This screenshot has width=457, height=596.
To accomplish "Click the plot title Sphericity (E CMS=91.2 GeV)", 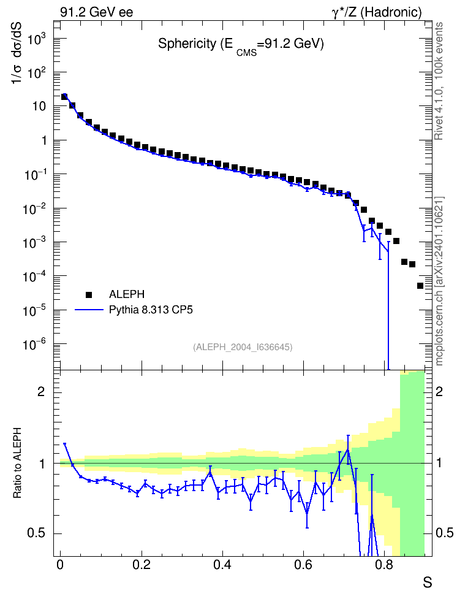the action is pyautogui.click(x=241, y=45).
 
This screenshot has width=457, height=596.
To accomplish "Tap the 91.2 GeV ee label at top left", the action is pyautogui.click(x=97, y=12).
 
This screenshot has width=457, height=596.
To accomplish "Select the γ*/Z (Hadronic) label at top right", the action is pyautogui.click(x=377, y=12).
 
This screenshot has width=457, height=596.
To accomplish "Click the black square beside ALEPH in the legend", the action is pyautogui.click(x=89, y=294).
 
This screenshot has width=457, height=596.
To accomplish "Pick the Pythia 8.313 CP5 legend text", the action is pyautogui.click(x=151, y=310).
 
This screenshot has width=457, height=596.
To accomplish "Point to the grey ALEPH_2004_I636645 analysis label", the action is pyautogui.click(x=243, y=347).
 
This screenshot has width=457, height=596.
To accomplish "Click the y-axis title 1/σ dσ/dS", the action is pyautogui.click(x=17, y=53).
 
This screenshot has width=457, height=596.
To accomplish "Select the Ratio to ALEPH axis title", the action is pyautogui.click(x=17, y=463).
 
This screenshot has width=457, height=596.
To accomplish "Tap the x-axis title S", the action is pyautogui.click(x=428, y=582).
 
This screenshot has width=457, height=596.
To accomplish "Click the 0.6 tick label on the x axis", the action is pyautogui.click(x=303, y=565).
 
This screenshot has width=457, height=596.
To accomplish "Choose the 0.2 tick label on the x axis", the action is pyautogui.click(x=142, y=565).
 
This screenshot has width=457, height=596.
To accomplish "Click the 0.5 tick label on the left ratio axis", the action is pyautogui.click(x=36, y=533).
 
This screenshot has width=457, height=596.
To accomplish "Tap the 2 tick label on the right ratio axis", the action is pyautogui.click(x=439, y=391).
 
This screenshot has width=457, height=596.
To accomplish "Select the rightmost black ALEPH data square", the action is pyautogui.click(x=420, y=286).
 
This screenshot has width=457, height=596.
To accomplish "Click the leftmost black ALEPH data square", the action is pyautogui.click(x=64, y=96).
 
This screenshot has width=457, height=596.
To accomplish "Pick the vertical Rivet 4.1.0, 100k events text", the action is pyautogui.click(x=439, y=81).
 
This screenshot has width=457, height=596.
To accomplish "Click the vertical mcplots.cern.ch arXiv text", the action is pyautogui.click(x=439, y=281).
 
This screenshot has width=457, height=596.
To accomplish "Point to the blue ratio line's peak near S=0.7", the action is pyautogui.click(x=347, y=449).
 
